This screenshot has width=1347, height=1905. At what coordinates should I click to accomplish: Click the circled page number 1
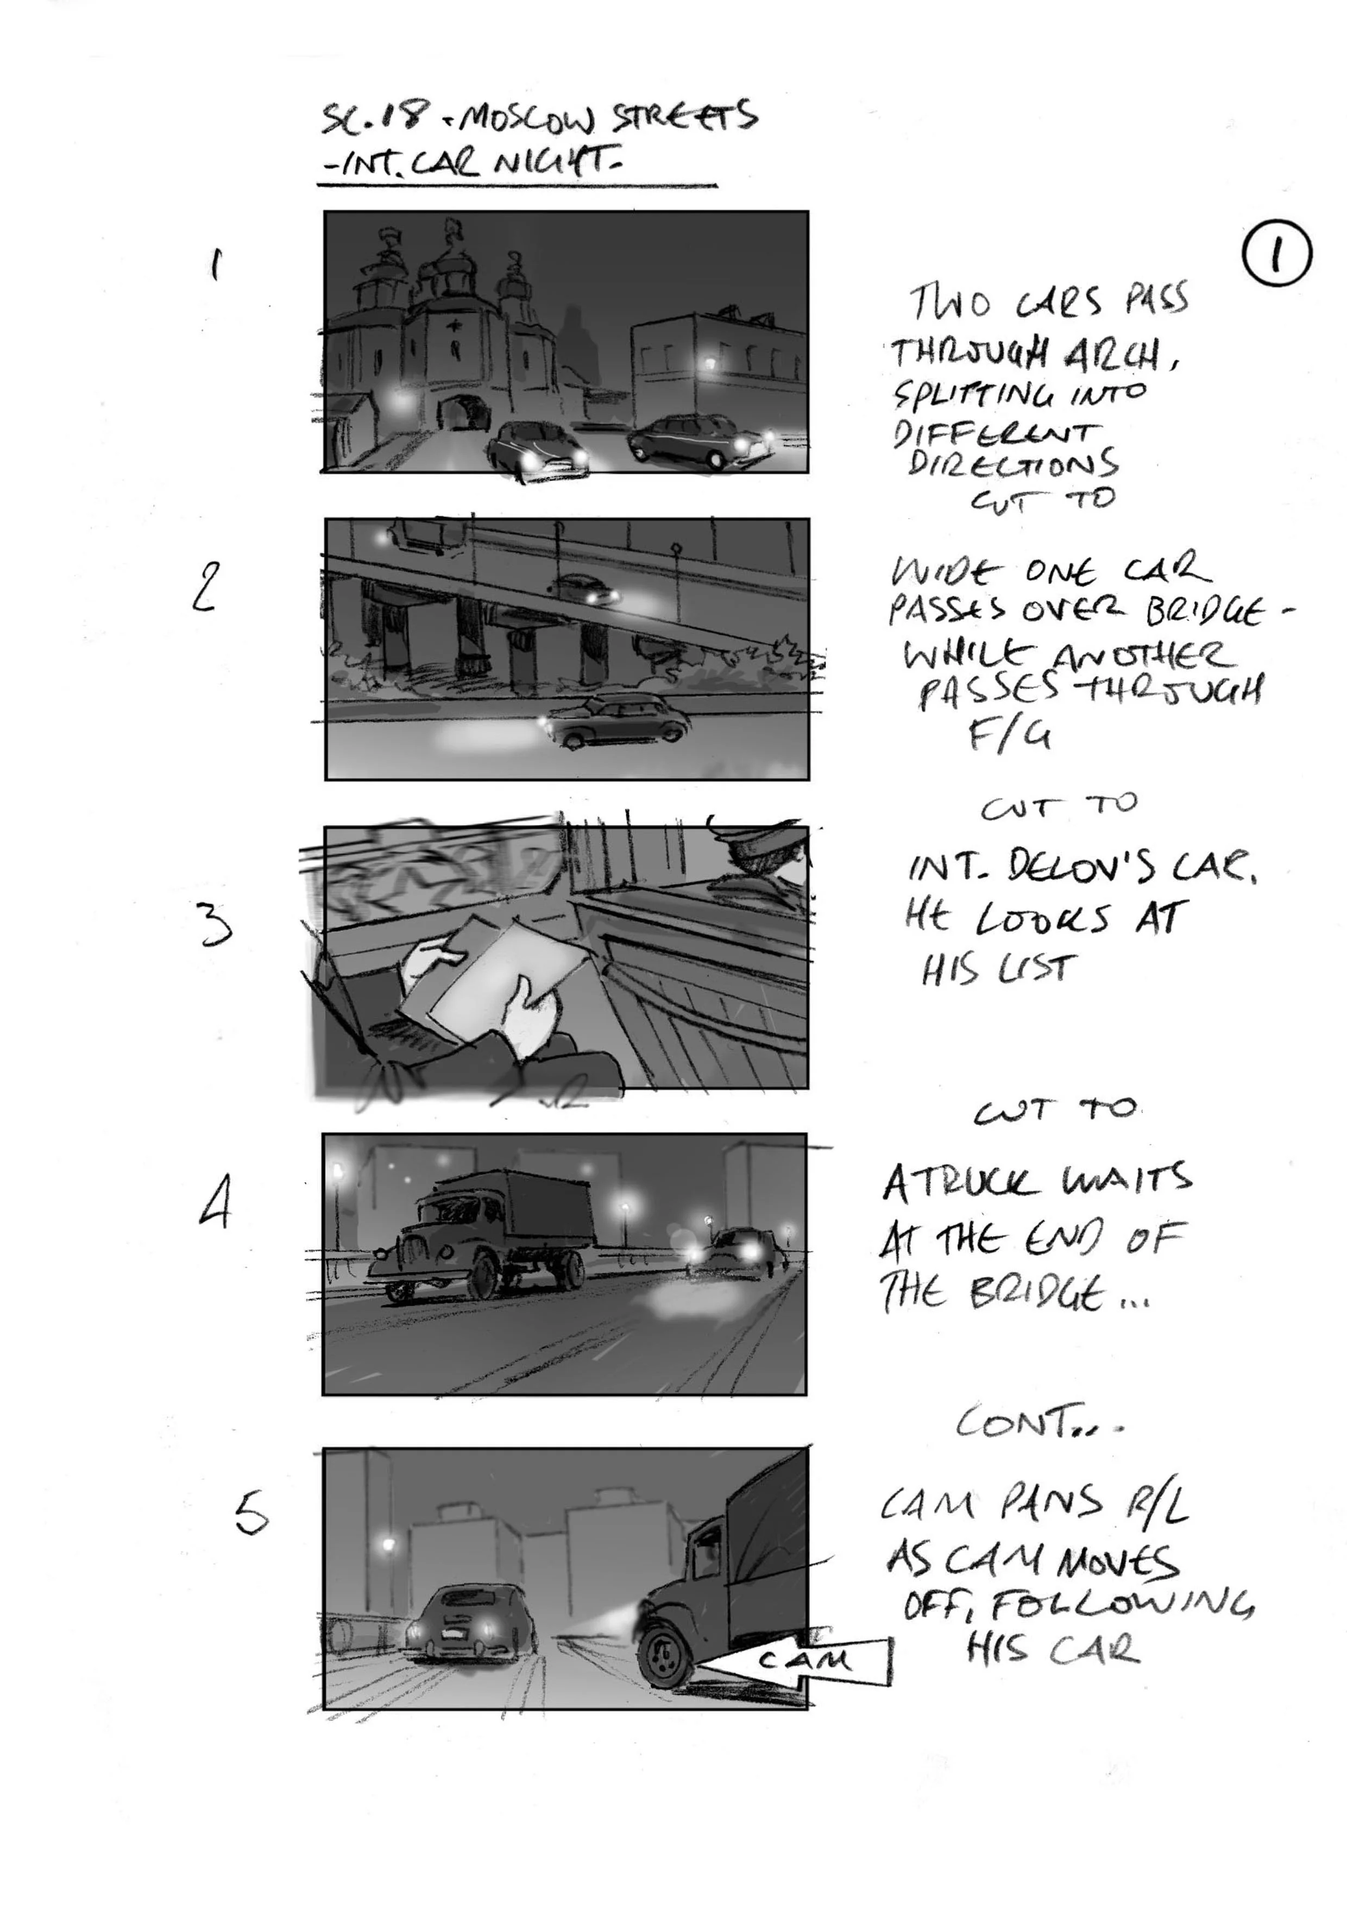click(1276, 254)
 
